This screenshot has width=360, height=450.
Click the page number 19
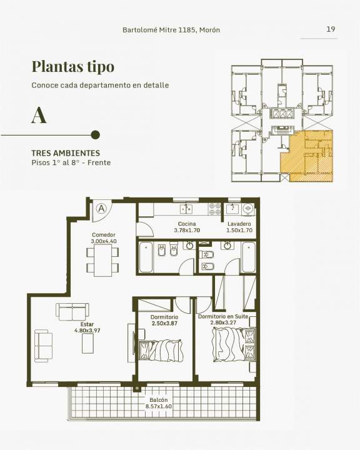pyautogui.click(x=331, y=29)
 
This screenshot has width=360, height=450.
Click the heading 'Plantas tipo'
pyautogui.click(x=73, y=67)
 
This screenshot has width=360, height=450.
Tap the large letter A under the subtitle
pyautogui.click(x=39, y=116)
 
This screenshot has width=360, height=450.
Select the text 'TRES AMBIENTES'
pyautogui.click(x=66, y=153)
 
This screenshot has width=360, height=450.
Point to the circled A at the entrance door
pyautogui.click(x=101, y=208)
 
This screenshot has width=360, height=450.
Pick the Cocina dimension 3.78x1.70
pyautogui.click(x=187, y=230)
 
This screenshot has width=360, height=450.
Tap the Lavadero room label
pyautogui.click(x=239, y=224)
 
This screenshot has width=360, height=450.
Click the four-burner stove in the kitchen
pyautogui.click(x=215, y=209)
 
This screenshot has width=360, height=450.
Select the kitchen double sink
pyautogui.click(x=186, y=209)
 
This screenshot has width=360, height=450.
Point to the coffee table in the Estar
pyautogui.click(x=87, y=344)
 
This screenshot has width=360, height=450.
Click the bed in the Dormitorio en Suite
pyautogui.click(x=233, y=345)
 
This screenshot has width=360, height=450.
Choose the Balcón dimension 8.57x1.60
pyautogui.click(x=159, y=406)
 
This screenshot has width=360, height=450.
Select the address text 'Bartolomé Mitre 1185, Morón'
pyautogui.click(x=171, y=30)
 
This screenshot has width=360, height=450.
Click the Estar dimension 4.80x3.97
pyautogui.click(x=87, y=331)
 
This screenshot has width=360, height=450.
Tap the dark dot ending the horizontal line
pyautogui.click(x=95, y=134)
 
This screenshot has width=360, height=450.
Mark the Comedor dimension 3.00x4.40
pyautogui.click(x=104, y=241)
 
